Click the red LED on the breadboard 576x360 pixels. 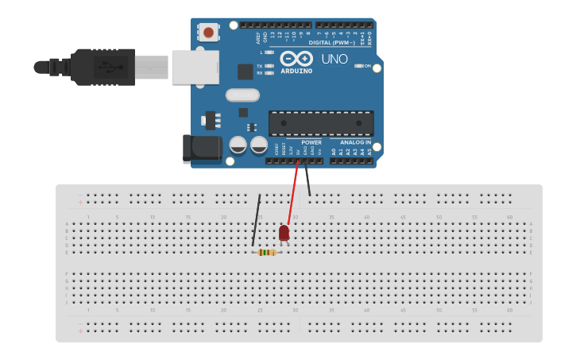[x=284, y=232]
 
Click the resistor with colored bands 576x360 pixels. [x=267, y=253]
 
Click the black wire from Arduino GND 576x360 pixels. [x=307, y=179]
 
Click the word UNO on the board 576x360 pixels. [x=334, y=59]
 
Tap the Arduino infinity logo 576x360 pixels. [x=296, y=58]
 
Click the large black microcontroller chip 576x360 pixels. [x=321, y=123]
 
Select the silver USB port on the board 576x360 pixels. [x=195, y=66]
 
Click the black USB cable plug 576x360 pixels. [x=103, y=66]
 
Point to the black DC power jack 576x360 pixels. [x=200, y=149]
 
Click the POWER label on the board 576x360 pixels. [x=311, y=142]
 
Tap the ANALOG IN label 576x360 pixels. [x=355, y=142]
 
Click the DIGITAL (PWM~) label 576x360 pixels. [x=331, y=42]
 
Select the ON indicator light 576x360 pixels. [x=358, y=66]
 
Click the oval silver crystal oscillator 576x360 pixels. [x=242, y=95]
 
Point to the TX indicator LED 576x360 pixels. [x=269, y=65]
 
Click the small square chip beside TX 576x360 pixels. [x=245, y=72]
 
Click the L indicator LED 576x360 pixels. [x=269, y=52]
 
